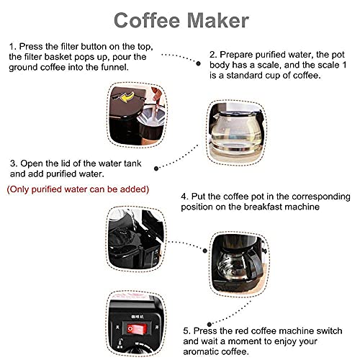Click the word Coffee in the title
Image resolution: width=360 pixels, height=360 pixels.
[147, 20]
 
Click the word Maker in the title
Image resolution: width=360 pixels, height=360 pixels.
[218, 20]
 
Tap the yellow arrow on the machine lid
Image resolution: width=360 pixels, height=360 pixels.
[127, 97]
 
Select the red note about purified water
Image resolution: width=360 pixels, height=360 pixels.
[78, 189]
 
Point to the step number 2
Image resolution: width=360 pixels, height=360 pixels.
[213, 55]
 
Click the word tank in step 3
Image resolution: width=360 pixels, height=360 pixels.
[132, 163]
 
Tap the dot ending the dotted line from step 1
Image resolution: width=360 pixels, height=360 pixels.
[198, 63]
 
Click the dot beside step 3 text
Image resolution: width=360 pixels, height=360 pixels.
[156, 168]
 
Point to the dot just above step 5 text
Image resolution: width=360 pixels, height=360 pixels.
[210, 324]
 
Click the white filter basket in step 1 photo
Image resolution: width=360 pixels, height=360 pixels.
[151, 115]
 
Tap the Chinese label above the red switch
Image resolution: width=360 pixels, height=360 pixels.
[138, 317]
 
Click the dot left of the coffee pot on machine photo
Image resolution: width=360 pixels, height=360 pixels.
[204, 251]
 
